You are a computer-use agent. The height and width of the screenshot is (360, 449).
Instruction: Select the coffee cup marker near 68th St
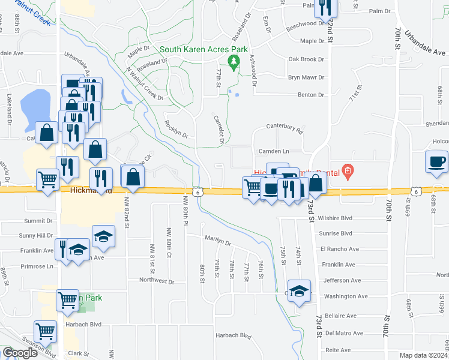[x=436, y=161]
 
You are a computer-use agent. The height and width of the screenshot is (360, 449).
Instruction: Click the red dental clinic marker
[x=347, y=172]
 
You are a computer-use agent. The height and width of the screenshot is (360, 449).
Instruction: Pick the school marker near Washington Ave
[x=299, y=292]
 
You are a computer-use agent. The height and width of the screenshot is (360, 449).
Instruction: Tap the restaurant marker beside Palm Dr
[x=325, y=7]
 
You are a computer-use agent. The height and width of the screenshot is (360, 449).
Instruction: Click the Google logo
[x=20, y=353]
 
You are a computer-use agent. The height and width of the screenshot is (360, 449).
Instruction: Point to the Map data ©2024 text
[x=423, y=355]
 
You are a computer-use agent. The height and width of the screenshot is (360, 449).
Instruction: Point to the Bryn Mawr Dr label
[x=306, y=77]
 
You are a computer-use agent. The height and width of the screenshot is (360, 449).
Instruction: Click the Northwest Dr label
[x=156, y=280]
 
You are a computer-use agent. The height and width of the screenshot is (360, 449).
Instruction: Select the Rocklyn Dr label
[x=176, y=128]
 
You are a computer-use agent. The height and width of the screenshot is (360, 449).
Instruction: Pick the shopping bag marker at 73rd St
[x=316, y=182]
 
